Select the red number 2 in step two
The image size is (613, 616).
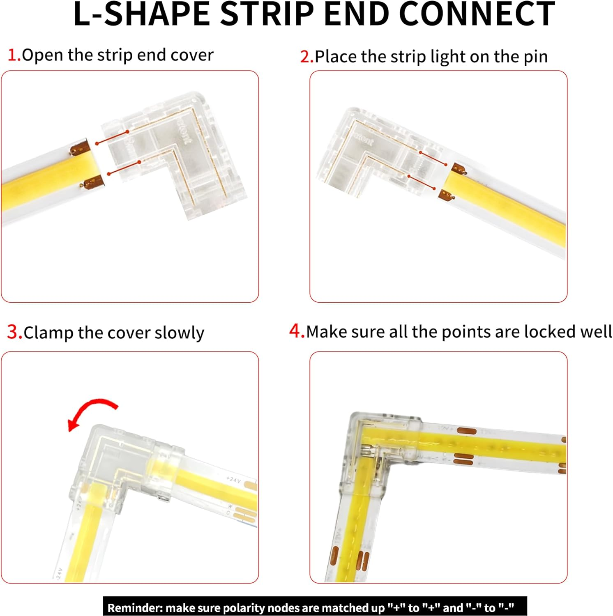(x=306, y=57)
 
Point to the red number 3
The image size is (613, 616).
(x=14, y=332)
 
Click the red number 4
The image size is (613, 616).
(x=296, y=331)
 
